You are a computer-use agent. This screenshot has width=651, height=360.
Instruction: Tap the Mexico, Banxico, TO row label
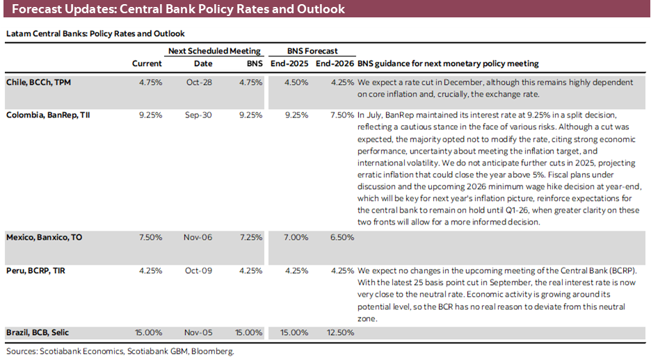tap(44, 237)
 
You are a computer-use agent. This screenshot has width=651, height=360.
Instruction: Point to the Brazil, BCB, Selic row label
tap(39, 333)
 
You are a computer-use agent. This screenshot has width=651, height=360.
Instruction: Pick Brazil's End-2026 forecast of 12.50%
tap(339, 333)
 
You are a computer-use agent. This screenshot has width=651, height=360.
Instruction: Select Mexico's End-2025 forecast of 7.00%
tap(295, 237)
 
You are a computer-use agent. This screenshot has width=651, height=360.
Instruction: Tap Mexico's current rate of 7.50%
tap(150, 237)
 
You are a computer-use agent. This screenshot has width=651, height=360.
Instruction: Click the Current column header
tap(147, 63)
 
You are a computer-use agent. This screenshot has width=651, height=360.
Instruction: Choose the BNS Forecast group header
tap(312, 51)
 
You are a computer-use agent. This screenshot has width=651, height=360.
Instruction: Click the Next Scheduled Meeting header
tap(214, 51)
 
